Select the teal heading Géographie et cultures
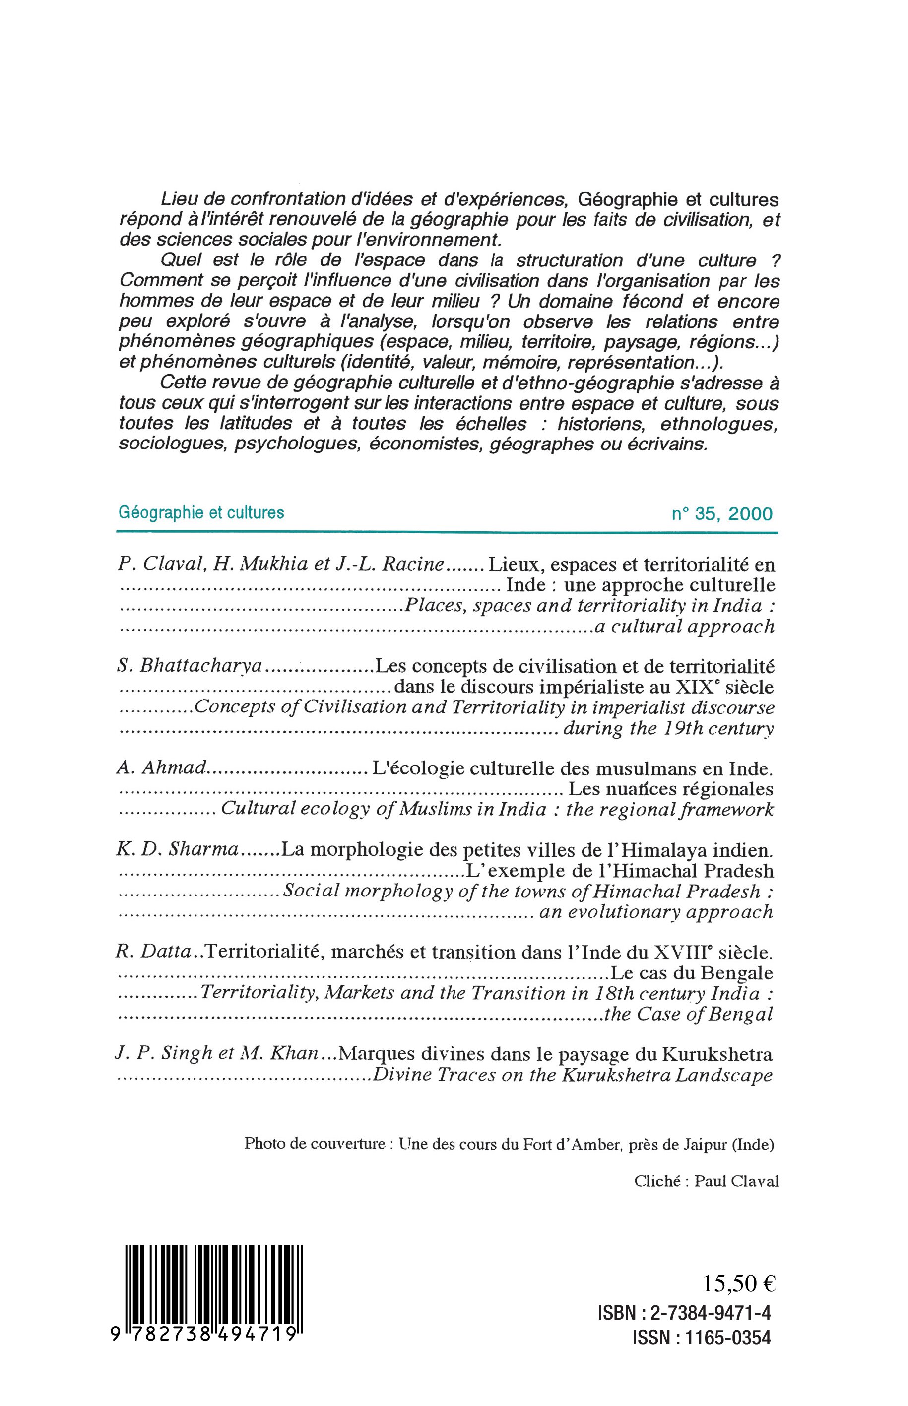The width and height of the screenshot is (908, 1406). click(201, 512)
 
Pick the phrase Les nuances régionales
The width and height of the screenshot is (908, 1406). click(670, 789)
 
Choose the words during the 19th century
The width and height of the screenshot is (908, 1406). click(669, 729)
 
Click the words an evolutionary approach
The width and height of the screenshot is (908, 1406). click(655, 912)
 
